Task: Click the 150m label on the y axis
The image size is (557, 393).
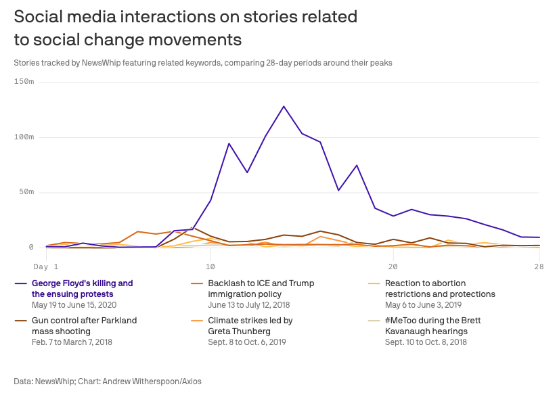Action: pos(24,82)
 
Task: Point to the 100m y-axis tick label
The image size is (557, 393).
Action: pos(24,137)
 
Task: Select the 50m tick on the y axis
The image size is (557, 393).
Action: pos(26,193)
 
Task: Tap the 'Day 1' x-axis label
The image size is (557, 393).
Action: pos(45,267)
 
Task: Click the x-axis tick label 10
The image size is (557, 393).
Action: pos(210,267)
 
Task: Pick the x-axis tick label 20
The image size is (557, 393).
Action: pos(393,267)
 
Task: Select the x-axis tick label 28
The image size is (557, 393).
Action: pos(538,267)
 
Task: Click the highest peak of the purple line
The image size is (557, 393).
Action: pos(284,106)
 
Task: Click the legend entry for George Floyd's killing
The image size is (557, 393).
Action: pos(82,288)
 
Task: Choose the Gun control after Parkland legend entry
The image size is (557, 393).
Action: pos(84,325)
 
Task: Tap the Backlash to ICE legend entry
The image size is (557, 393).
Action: pos(261,288)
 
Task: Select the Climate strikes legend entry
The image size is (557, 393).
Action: pos(250,325)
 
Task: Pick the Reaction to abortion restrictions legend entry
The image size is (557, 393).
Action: pos(440,288)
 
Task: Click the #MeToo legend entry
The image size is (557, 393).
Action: pos(432,325)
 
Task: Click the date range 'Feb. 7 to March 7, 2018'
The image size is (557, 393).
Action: pos(72,342)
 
